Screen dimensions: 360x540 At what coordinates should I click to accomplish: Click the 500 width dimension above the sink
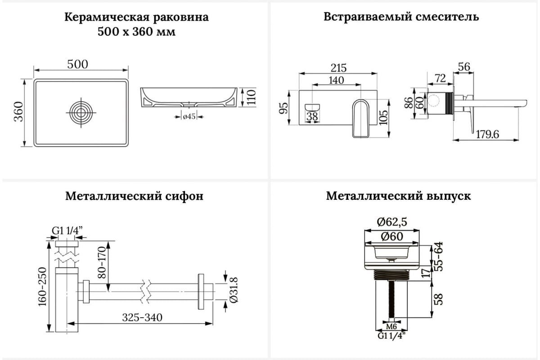[x=78, y=64]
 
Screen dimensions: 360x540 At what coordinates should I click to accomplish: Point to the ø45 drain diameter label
[x=189, y=117]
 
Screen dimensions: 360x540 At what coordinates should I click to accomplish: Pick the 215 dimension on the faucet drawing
[x=338, y=68]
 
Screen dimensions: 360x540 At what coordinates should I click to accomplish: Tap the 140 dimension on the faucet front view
[x=336, y=80]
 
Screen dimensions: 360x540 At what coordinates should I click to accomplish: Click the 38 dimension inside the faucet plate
[x=312, y=117]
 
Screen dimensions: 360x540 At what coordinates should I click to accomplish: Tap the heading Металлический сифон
[x=134, y=196]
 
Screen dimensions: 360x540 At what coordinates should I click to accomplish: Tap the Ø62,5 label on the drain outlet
[x=393, y=222]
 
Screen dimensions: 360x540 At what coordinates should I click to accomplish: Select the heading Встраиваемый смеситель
[x=401, y=17]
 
